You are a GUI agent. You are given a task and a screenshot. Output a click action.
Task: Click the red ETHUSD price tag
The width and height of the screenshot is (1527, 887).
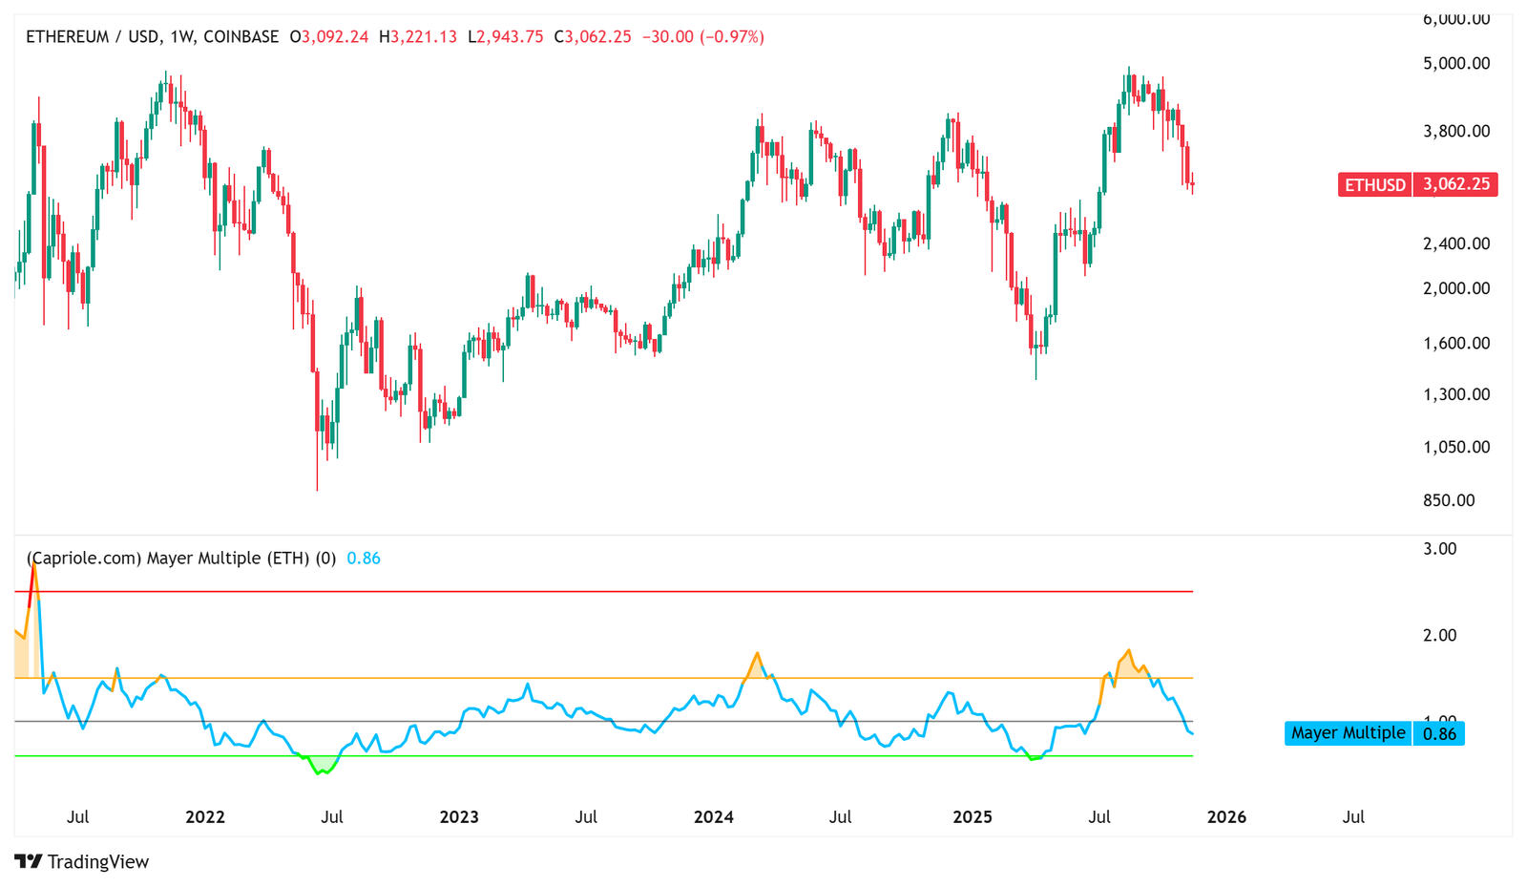tap(1417, 184)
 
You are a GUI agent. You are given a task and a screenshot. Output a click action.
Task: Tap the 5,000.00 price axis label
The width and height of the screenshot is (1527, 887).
tap(1455, 64)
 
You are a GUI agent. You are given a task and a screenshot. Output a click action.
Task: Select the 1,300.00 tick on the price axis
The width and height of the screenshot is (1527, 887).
tap(1455, 394)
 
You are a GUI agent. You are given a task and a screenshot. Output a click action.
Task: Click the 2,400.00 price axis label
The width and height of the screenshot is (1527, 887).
tap(1455, 243)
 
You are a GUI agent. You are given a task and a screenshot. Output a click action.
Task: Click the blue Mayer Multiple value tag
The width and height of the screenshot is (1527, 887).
tap(1373, 733)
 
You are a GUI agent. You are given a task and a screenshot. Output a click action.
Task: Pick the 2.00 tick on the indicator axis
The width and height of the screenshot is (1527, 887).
tap(1439, 635)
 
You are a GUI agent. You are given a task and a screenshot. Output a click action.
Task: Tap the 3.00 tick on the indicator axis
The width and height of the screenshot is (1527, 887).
tap(1439, 549)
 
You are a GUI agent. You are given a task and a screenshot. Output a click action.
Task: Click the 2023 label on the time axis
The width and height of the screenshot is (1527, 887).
tap(459, 817)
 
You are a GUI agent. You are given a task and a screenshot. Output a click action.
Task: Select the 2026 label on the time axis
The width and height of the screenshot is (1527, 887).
tap(1226, 817)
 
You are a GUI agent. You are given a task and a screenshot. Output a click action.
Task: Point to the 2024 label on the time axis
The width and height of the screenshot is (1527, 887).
tap(714, 817)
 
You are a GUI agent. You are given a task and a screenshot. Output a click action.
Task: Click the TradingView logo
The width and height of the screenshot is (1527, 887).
tap(82, 861)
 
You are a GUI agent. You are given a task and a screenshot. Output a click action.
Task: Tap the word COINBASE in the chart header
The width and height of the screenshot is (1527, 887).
tap(241, 37)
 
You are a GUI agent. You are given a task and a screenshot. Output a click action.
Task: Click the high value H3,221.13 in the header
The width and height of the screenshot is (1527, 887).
tap(418, 37)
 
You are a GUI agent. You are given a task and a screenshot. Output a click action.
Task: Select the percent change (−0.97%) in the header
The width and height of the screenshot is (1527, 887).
tap(732, 37)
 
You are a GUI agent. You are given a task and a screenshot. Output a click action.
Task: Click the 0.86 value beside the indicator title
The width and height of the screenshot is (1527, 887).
tap(364, 559)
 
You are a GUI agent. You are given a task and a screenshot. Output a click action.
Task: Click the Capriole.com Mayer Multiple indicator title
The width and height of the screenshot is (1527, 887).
tap(181, 559)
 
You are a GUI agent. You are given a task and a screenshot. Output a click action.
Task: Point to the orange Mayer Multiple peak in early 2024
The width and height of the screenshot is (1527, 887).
tap(757, 655)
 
